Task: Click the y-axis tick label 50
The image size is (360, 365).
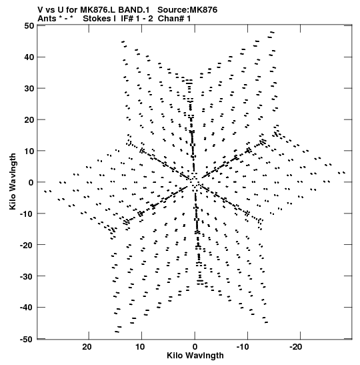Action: (29, 25)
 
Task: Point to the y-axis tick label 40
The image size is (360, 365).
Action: (29, 57)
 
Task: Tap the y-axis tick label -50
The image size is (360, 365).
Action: (27, 339)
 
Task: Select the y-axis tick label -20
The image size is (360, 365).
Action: (27, 245)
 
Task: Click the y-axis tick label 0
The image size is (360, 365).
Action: (31, 182)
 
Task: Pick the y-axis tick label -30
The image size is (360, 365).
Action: (27, 276)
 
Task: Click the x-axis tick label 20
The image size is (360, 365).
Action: (87, 347)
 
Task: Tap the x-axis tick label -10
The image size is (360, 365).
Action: (243, 347)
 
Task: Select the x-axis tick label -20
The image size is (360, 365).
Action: (296, 347)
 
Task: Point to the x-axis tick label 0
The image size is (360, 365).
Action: (195, 347)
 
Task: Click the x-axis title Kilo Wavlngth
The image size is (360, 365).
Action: (195, 356)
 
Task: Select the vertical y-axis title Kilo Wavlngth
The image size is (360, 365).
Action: (13, 181)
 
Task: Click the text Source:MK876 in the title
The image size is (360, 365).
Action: (187, 10)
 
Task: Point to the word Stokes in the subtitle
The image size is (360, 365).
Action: (97, 19)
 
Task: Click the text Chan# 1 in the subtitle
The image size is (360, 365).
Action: (174, 19)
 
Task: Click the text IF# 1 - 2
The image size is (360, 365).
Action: (137, 19)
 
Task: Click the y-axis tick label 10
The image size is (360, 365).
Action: (29, 151)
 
